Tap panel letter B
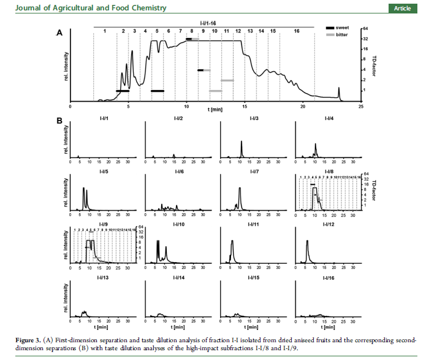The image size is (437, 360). [60, 121]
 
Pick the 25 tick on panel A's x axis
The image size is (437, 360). [361, 106]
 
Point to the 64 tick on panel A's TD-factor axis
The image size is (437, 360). [365, 29]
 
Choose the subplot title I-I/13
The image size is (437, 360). [102, 277]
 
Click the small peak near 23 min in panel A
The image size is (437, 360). [339, 92]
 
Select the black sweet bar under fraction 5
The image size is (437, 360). [158, 91]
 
